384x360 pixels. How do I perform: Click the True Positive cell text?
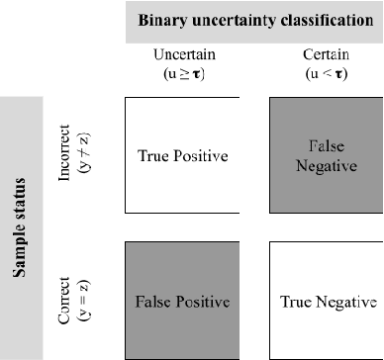(x=183, y=155)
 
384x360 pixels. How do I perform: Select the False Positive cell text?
(x=183, y=300)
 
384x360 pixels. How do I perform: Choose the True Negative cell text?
(x=329, y=300)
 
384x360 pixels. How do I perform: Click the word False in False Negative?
(x=328, y=146)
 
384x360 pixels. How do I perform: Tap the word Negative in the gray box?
(x=328, y=165)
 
